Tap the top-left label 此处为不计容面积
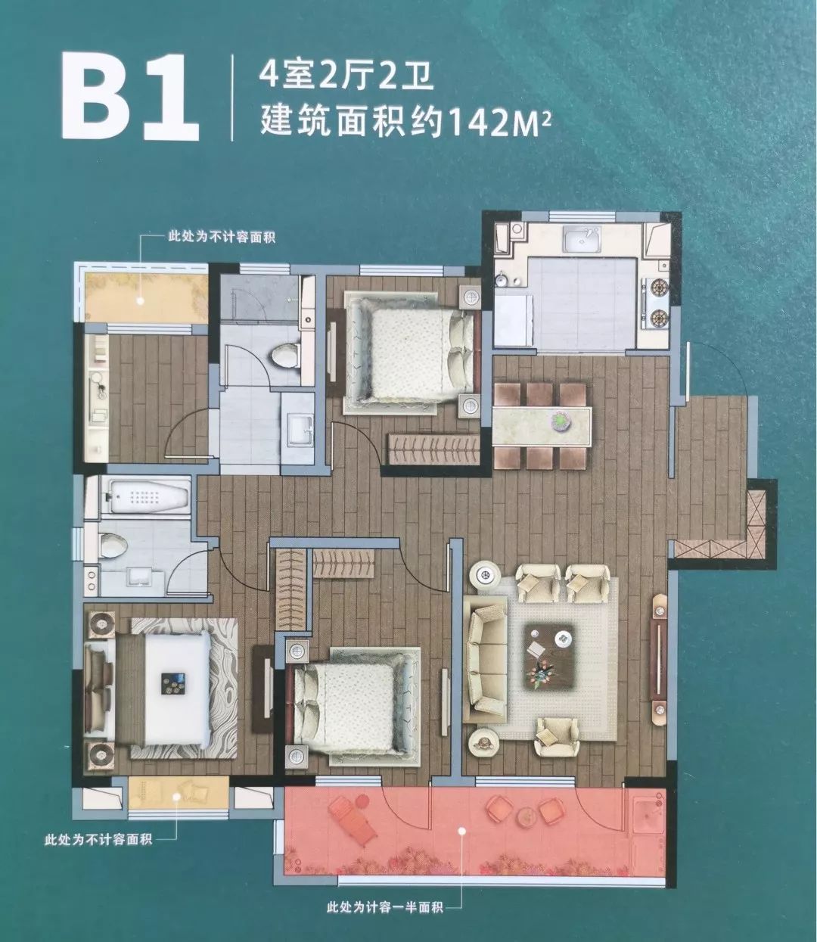tap(221, 238)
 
